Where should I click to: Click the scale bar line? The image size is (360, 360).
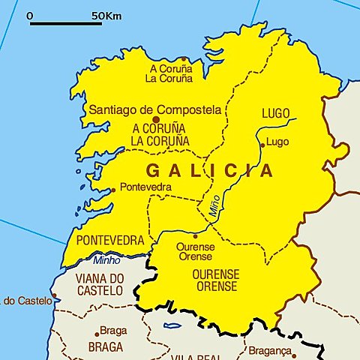coord(66,23)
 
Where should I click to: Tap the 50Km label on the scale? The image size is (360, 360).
coord(109,15)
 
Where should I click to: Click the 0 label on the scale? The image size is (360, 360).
coord(29,15)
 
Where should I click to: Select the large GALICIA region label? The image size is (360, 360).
coord(209,170)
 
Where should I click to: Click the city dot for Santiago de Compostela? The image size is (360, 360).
coord(156,119)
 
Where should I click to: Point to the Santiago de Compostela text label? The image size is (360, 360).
coord(156,109)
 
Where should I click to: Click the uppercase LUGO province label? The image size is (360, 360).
coord(276,113)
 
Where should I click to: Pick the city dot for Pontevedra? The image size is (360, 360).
coord(113,190)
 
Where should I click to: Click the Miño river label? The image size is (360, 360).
coord(212,208)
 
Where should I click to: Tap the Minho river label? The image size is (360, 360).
coord(106,260)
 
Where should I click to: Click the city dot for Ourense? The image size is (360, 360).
coord(195,236)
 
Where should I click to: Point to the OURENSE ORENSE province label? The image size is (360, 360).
coord(216,280)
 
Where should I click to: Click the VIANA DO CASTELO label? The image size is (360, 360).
coord(99,284)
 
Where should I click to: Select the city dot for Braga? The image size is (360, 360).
coord(97,333)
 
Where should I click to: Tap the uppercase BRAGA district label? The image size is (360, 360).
coord(106,347)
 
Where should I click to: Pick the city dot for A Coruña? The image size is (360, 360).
coord(182,58)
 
